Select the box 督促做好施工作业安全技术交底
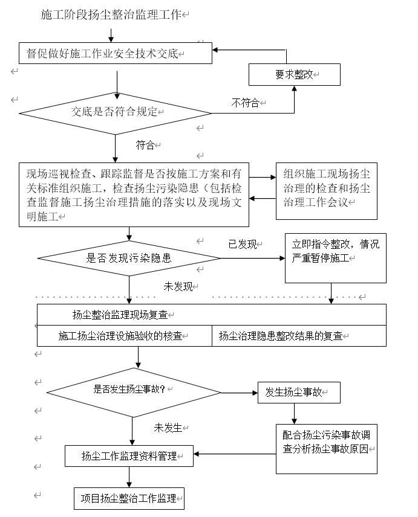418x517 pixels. [115, 53]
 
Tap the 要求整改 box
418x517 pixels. [295, 74]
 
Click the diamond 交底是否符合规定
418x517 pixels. [115, 112]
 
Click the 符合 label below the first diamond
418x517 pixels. [145, 145]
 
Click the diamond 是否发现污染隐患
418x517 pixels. [128, 258]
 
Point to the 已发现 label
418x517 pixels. [242, 244]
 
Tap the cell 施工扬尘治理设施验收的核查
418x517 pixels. [124, 336]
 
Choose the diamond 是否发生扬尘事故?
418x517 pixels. [132, 390]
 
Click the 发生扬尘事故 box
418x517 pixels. [298, 393]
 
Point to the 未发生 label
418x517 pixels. [168, 428]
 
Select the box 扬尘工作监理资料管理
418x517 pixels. [129, 456]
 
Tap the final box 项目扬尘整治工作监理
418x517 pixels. [129, 498]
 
